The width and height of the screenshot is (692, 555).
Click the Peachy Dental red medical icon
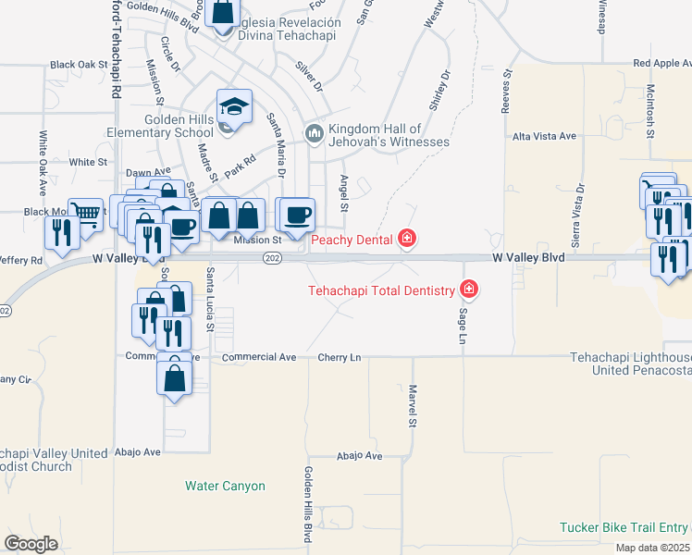(x=406, y=240)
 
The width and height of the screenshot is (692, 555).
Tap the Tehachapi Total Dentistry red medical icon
(x=469, y=290)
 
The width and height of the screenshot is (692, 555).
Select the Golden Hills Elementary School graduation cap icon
(x=234, y=107)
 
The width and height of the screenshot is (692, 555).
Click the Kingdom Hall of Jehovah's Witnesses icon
(x=315, y=134)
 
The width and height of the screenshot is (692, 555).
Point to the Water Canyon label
(x=225, y=486)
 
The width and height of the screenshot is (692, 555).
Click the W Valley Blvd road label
(x=528, y=258)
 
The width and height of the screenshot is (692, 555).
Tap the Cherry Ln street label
(x=339, y=357)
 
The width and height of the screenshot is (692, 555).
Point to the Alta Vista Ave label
(x=544, y=136)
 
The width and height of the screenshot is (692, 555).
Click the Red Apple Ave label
(x=662, y=64)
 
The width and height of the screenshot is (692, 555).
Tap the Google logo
(x=31, y=543)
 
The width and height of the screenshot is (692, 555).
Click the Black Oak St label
(x=80, y=65)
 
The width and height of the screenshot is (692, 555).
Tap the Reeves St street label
(x=506, y=91)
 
